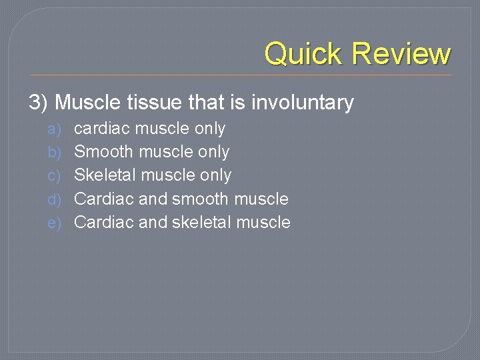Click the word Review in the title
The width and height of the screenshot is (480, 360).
coord(402,53)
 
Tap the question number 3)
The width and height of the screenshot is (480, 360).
coord(39,103)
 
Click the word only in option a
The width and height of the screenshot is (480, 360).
coord(209,128)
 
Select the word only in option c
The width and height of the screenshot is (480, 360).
coord(215,175)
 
